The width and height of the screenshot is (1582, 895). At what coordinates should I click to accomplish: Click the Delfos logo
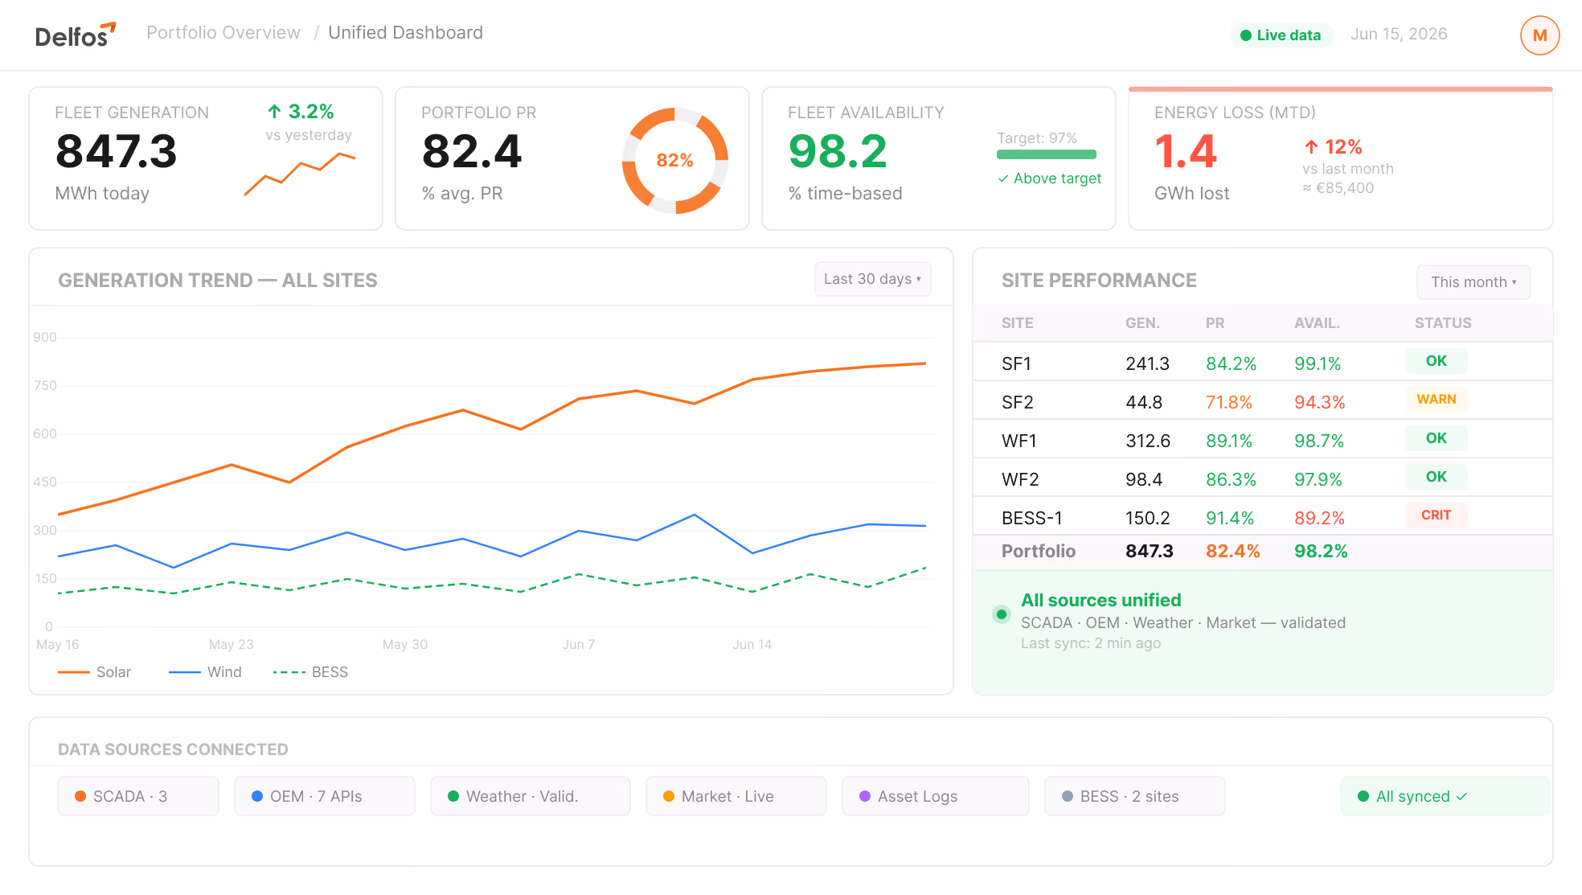tap(76, 35)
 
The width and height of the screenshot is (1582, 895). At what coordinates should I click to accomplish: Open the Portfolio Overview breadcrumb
tap(223, 33)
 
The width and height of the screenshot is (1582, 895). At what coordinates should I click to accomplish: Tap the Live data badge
tap(1281, 35)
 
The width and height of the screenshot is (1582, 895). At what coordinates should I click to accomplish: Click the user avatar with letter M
tap(1539, 35)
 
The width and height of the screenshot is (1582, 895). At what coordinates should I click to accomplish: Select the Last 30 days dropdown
tap(872, 279)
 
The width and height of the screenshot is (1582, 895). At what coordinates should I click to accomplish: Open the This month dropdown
tap(1473, 282)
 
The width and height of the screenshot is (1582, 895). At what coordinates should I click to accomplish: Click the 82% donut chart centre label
tap(674, 160)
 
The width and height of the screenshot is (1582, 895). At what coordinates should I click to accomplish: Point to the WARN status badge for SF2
tap(1436, 400)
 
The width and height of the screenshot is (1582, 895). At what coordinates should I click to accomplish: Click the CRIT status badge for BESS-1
tap(1436, 515)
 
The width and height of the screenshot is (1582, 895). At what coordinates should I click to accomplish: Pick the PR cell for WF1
tap(1229, 441)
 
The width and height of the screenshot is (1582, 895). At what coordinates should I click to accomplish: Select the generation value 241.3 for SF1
tap(1147, 363)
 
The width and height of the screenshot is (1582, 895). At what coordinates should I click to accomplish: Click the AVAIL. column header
tap(1317, 323)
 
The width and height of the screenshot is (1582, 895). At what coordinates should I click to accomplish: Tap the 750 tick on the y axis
tap(45, 386)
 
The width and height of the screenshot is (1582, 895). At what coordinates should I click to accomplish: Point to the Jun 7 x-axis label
tap(579, 645)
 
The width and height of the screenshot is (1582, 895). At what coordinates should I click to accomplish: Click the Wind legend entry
tap(205, 672)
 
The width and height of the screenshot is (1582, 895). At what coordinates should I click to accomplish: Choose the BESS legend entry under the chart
tap(310, 672)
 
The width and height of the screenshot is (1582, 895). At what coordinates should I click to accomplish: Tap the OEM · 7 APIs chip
tap(325, 796)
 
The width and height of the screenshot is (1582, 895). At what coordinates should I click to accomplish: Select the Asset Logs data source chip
tap(936, 796)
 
